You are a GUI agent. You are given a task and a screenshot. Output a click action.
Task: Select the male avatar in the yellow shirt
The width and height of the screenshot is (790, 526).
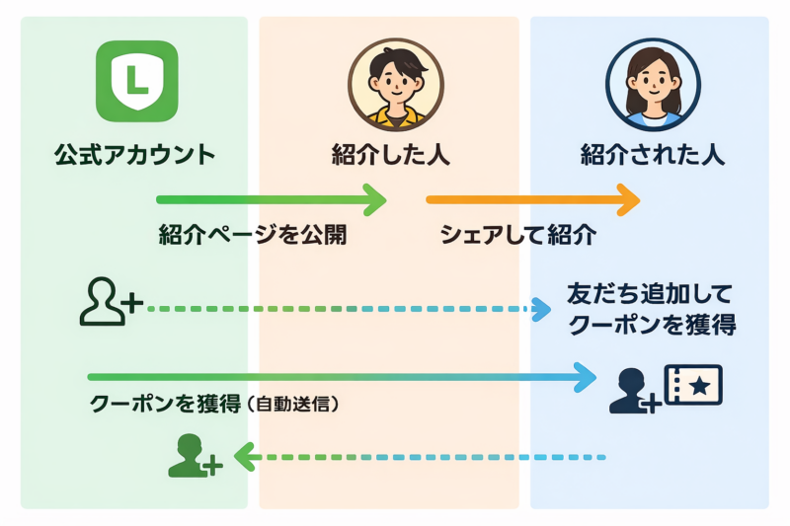[x=395, y=84]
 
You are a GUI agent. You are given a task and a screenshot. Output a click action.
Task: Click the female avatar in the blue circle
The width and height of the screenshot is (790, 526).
[x=652, y=84]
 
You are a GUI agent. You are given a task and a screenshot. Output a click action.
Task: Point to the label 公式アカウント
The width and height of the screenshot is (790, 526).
[x=135, y=155]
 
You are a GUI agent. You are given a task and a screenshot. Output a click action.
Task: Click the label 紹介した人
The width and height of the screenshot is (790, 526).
[x=395, y=155]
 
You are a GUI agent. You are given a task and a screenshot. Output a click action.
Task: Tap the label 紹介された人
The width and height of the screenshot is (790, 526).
[x=653, y=155]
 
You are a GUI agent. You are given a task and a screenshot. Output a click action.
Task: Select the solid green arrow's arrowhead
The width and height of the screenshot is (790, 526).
[x=372, y=200]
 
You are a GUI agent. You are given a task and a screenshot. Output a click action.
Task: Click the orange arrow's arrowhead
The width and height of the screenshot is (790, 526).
[x=627, y=200]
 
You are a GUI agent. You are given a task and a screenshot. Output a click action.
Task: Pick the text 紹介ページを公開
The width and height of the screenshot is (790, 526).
[x=253, y=237]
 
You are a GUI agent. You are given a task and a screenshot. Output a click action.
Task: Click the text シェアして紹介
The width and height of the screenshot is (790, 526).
[x=517, y=237]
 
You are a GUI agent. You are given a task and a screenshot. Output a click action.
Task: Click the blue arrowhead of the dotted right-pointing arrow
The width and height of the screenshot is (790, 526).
[x=542, y=310]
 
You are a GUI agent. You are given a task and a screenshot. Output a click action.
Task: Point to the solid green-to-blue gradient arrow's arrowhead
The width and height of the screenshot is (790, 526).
[x=586, y=376]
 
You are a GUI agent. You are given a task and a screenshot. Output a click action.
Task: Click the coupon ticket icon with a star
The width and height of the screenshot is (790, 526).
[x=695, y=384]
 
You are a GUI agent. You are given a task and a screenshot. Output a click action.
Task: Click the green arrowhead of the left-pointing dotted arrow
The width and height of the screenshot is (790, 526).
[x=243, y=457]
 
